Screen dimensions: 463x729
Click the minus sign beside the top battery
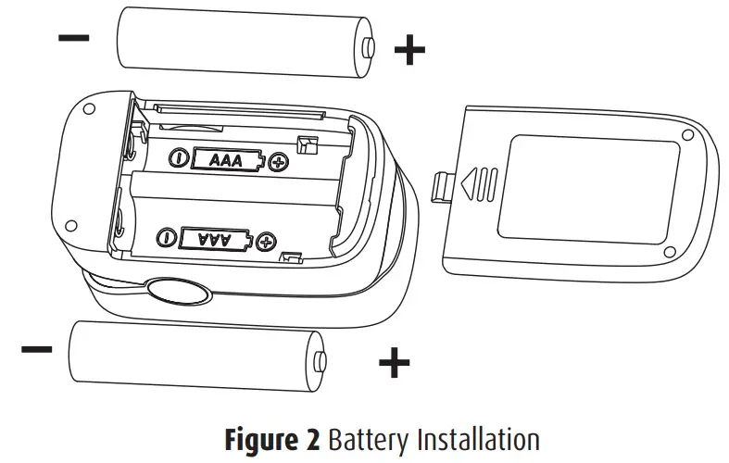(74, 38)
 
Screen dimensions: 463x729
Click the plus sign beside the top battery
(409, 50)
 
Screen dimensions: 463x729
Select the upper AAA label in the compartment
(226, 160)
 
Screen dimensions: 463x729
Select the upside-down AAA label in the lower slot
(215, 239)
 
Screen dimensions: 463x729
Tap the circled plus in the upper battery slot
(277, 164)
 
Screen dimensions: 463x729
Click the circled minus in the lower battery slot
(168, 238)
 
